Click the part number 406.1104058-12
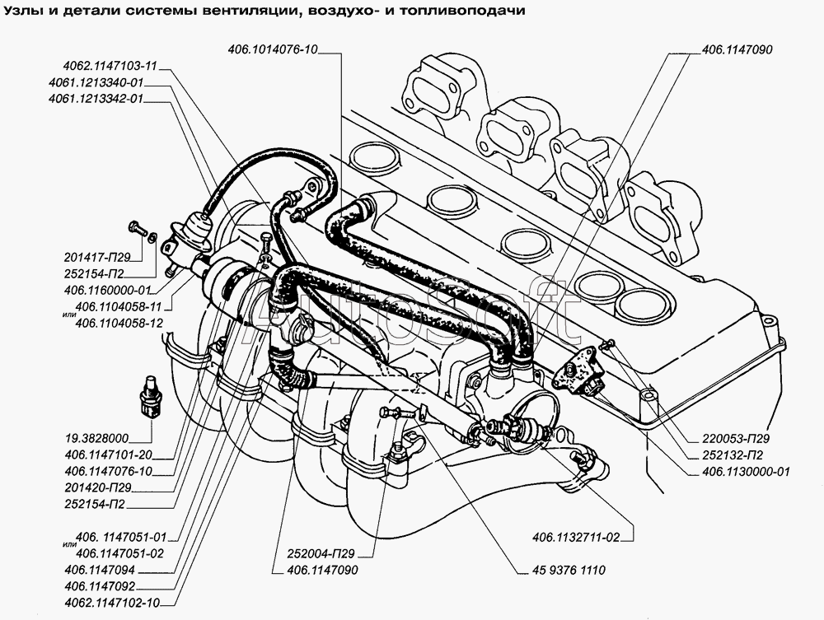pyautogui.click(x=116, y=323)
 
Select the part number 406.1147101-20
pyautogui.click(x=111, y=454)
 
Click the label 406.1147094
pyautogui.click(x=103, y=569)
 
